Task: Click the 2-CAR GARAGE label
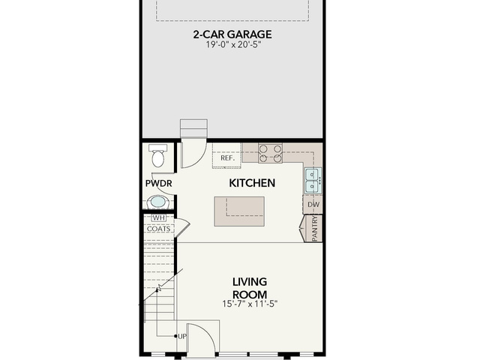(x=232, y=34)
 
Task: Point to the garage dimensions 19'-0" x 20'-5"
(x=232, y=45)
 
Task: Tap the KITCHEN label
(x=252, y=183)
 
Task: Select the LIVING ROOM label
(x=250, y=288)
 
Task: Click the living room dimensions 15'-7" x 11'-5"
(x=250, y=304)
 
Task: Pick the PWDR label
(x=158, y=183)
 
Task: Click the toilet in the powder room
(x=158, y=155)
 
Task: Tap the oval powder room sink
(x=158, y=202)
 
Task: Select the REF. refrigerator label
(x=227, y=158)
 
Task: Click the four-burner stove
(x=270, y=153)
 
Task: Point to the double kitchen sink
(x=313, y=181)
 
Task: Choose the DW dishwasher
(x=313, y=205)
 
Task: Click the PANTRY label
(x=315, y=228)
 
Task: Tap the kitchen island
(x=239, y=211)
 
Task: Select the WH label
(x=158, y=217)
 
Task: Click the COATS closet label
(x=158, y=229)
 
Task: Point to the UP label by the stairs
(x=182, y=337)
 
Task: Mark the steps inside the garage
(x=193, y=128)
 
